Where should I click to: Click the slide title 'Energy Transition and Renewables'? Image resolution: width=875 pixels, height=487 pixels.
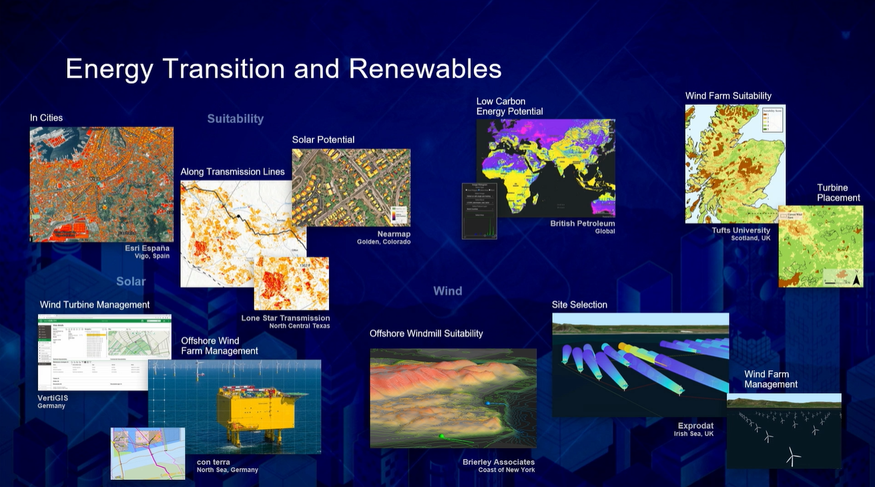pyautogui.click(x=283, y=69)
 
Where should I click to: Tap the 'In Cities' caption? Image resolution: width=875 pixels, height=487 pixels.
pyautogui.click(x=46, y=118)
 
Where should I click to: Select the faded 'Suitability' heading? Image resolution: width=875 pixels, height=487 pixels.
pyautogui.click(x=235, y=119)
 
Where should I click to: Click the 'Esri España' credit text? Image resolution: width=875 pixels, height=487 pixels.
pyautogui.click(x=147, y=249)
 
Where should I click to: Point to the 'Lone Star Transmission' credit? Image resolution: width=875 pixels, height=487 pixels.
pyautogui.click(x=285, y=318)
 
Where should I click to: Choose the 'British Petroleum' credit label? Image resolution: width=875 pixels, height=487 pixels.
pyautogui.click(x=582, y=224)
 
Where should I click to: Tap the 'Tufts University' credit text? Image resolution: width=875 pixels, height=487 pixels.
pyautogui.click(x=741, y=230)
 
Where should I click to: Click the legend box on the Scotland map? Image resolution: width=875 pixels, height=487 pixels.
pyautogui.click(x=772, y=121)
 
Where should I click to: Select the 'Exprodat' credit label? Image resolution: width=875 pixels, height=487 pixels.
pyautogui.click(x=695, y=426)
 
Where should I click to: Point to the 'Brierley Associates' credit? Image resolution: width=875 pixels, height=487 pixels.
pyautogui.click(x=498, y=462)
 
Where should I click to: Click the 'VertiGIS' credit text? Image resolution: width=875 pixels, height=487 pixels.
pyautogui.click(x=53, y=398)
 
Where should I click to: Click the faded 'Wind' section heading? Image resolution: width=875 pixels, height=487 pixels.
pyautogui.click(x=447, y=291)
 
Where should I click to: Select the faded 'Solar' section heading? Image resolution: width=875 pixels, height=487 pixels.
pyautogui.click(x=131, y=281)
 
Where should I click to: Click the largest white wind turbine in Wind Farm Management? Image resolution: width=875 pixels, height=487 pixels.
pyautogui.click(x=792, y=456)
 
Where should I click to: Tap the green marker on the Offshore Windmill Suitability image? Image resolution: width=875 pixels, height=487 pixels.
pyautogui.click(x=441, y=436)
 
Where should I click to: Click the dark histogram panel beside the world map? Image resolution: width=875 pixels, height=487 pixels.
pyautogui.click(x=479, y=210)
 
